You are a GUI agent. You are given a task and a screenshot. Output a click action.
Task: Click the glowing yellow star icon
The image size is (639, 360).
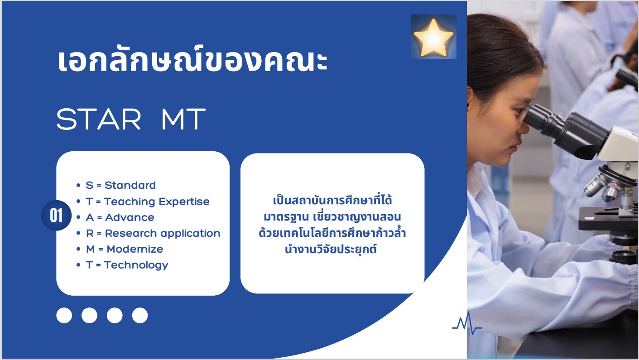(433, 37)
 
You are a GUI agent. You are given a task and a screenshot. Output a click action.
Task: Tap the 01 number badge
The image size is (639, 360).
(56, 216)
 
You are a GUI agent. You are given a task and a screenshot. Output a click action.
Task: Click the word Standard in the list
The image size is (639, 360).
(130, 185)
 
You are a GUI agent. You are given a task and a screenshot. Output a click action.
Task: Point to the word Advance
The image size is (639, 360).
(130, 217)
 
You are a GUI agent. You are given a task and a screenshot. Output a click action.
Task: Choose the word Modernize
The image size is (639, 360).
(135, 249)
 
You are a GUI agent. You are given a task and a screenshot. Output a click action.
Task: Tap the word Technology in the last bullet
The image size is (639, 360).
(136, 265)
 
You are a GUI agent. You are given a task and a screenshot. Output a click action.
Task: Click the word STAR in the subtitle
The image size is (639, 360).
(99, 119)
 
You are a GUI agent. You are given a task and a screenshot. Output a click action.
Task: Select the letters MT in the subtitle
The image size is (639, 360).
(183, 119)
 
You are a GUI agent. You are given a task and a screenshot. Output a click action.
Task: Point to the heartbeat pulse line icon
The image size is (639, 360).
(467, 324)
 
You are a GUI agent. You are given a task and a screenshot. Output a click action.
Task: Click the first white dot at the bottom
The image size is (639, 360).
(64, 316)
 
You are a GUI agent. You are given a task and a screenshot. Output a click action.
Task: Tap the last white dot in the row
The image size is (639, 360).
(140, 316)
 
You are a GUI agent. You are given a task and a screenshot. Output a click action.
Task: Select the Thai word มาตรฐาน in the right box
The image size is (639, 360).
(286, 217)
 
